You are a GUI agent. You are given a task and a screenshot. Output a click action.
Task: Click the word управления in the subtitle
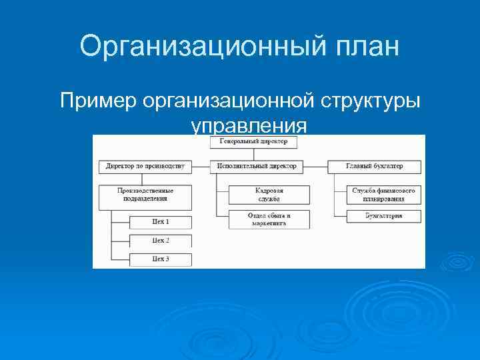(249, 125)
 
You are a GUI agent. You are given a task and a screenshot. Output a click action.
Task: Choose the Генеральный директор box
(253, 142)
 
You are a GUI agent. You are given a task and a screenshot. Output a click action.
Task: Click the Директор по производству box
(145, 165)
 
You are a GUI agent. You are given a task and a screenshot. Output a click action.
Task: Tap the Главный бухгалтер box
(374, 165)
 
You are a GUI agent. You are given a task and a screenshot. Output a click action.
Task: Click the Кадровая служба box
(269, 194)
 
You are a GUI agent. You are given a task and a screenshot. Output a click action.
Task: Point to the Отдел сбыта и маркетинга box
(269, 219)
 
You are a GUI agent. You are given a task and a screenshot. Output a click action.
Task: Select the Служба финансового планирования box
(383, 194)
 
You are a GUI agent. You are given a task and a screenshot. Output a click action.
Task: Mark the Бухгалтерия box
(383, 216)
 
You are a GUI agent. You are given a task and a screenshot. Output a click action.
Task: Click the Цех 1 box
(161, 222)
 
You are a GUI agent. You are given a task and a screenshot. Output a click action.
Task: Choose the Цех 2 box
(161, 240)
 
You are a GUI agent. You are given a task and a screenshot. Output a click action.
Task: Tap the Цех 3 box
(161, 259)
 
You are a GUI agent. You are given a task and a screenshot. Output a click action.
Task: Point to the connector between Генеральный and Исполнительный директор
(253, 154)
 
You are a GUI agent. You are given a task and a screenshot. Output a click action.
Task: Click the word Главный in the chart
(359, 165)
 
